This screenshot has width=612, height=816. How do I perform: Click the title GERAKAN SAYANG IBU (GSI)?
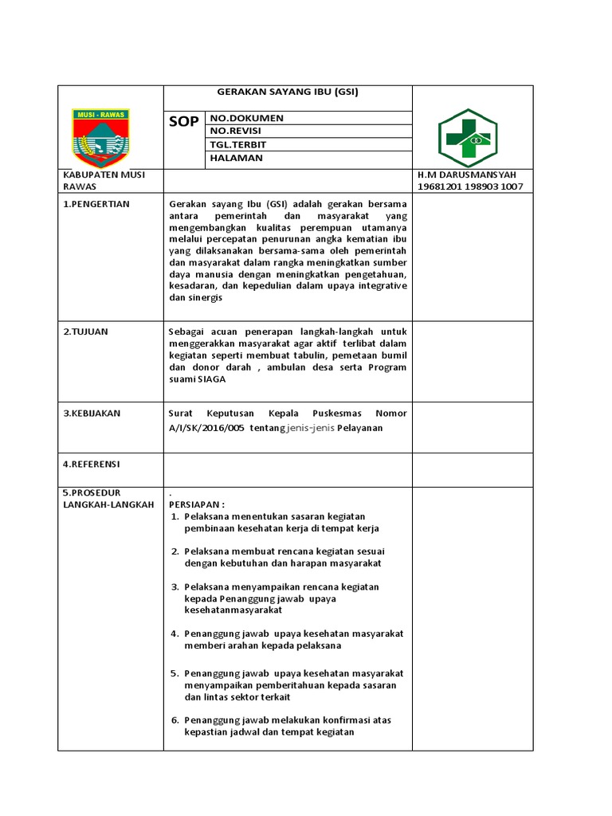[288, 92]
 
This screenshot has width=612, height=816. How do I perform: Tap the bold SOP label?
[183, 122]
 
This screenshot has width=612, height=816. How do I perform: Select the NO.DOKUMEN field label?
[246, 118]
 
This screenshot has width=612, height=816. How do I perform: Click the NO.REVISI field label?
[236, 131]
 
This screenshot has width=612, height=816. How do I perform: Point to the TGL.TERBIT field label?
[238, 144]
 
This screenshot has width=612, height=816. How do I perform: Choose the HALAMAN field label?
[236, 158]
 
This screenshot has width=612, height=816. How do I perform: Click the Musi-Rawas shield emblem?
[103, 136]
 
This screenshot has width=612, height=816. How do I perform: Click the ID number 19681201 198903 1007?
[470, 186]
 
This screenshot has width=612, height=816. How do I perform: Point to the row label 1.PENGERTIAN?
[96, 204]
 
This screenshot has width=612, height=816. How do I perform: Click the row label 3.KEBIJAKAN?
[92, 414]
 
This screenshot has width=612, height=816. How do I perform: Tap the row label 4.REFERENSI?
[92, 463]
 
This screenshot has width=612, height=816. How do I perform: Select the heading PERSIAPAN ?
[197, 504]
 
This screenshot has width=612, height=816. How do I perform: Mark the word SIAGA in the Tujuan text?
[212, 379]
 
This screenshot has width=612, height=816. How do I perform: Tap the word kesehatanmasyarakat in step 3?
[233, 610]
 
